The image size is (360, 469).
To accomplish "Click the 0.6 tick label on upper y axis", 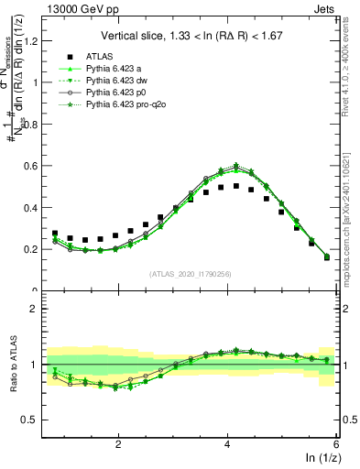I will pos(34,166).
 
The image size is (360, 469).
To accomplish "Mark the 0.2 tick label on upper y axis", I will pos(34,249).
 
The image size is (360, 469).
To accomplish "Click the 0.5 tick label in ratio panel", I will pos(34,420).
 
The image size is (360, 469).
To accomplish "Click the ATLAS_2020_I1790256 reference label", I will pos(191,273).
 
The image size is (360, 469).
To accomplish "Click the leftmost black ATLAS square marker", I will pos(55,234).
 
